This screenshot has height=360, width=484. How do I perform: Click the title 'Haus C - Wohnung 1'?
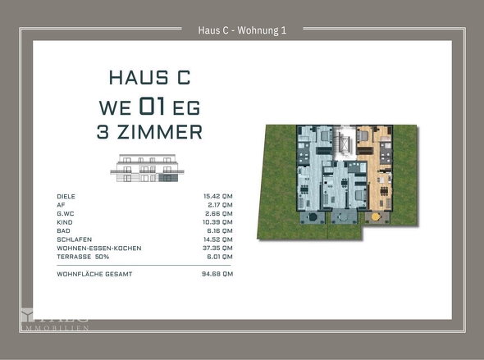tap(242, 31)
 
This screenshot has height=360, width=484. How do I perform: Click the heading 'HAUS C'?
tap(149, 79)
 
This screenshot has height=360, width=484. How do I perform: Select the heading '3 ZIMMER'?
tap(149, 132)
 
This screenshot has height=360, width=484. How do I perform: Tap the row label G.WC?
tap(66, 213)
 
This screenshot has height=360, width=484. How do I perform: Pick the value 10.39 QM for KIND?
tap(217, 221)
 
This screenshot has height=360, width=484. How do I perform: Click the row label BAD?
tap(64, 230)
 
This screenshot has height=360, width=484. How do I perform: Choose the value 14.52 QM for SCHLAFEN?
tap(217, 239)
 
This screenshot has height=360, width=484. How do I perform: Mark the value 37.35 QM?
tap(217, 247)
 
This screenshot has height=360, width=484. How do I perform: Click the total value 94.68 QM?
tap(217, 275)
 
